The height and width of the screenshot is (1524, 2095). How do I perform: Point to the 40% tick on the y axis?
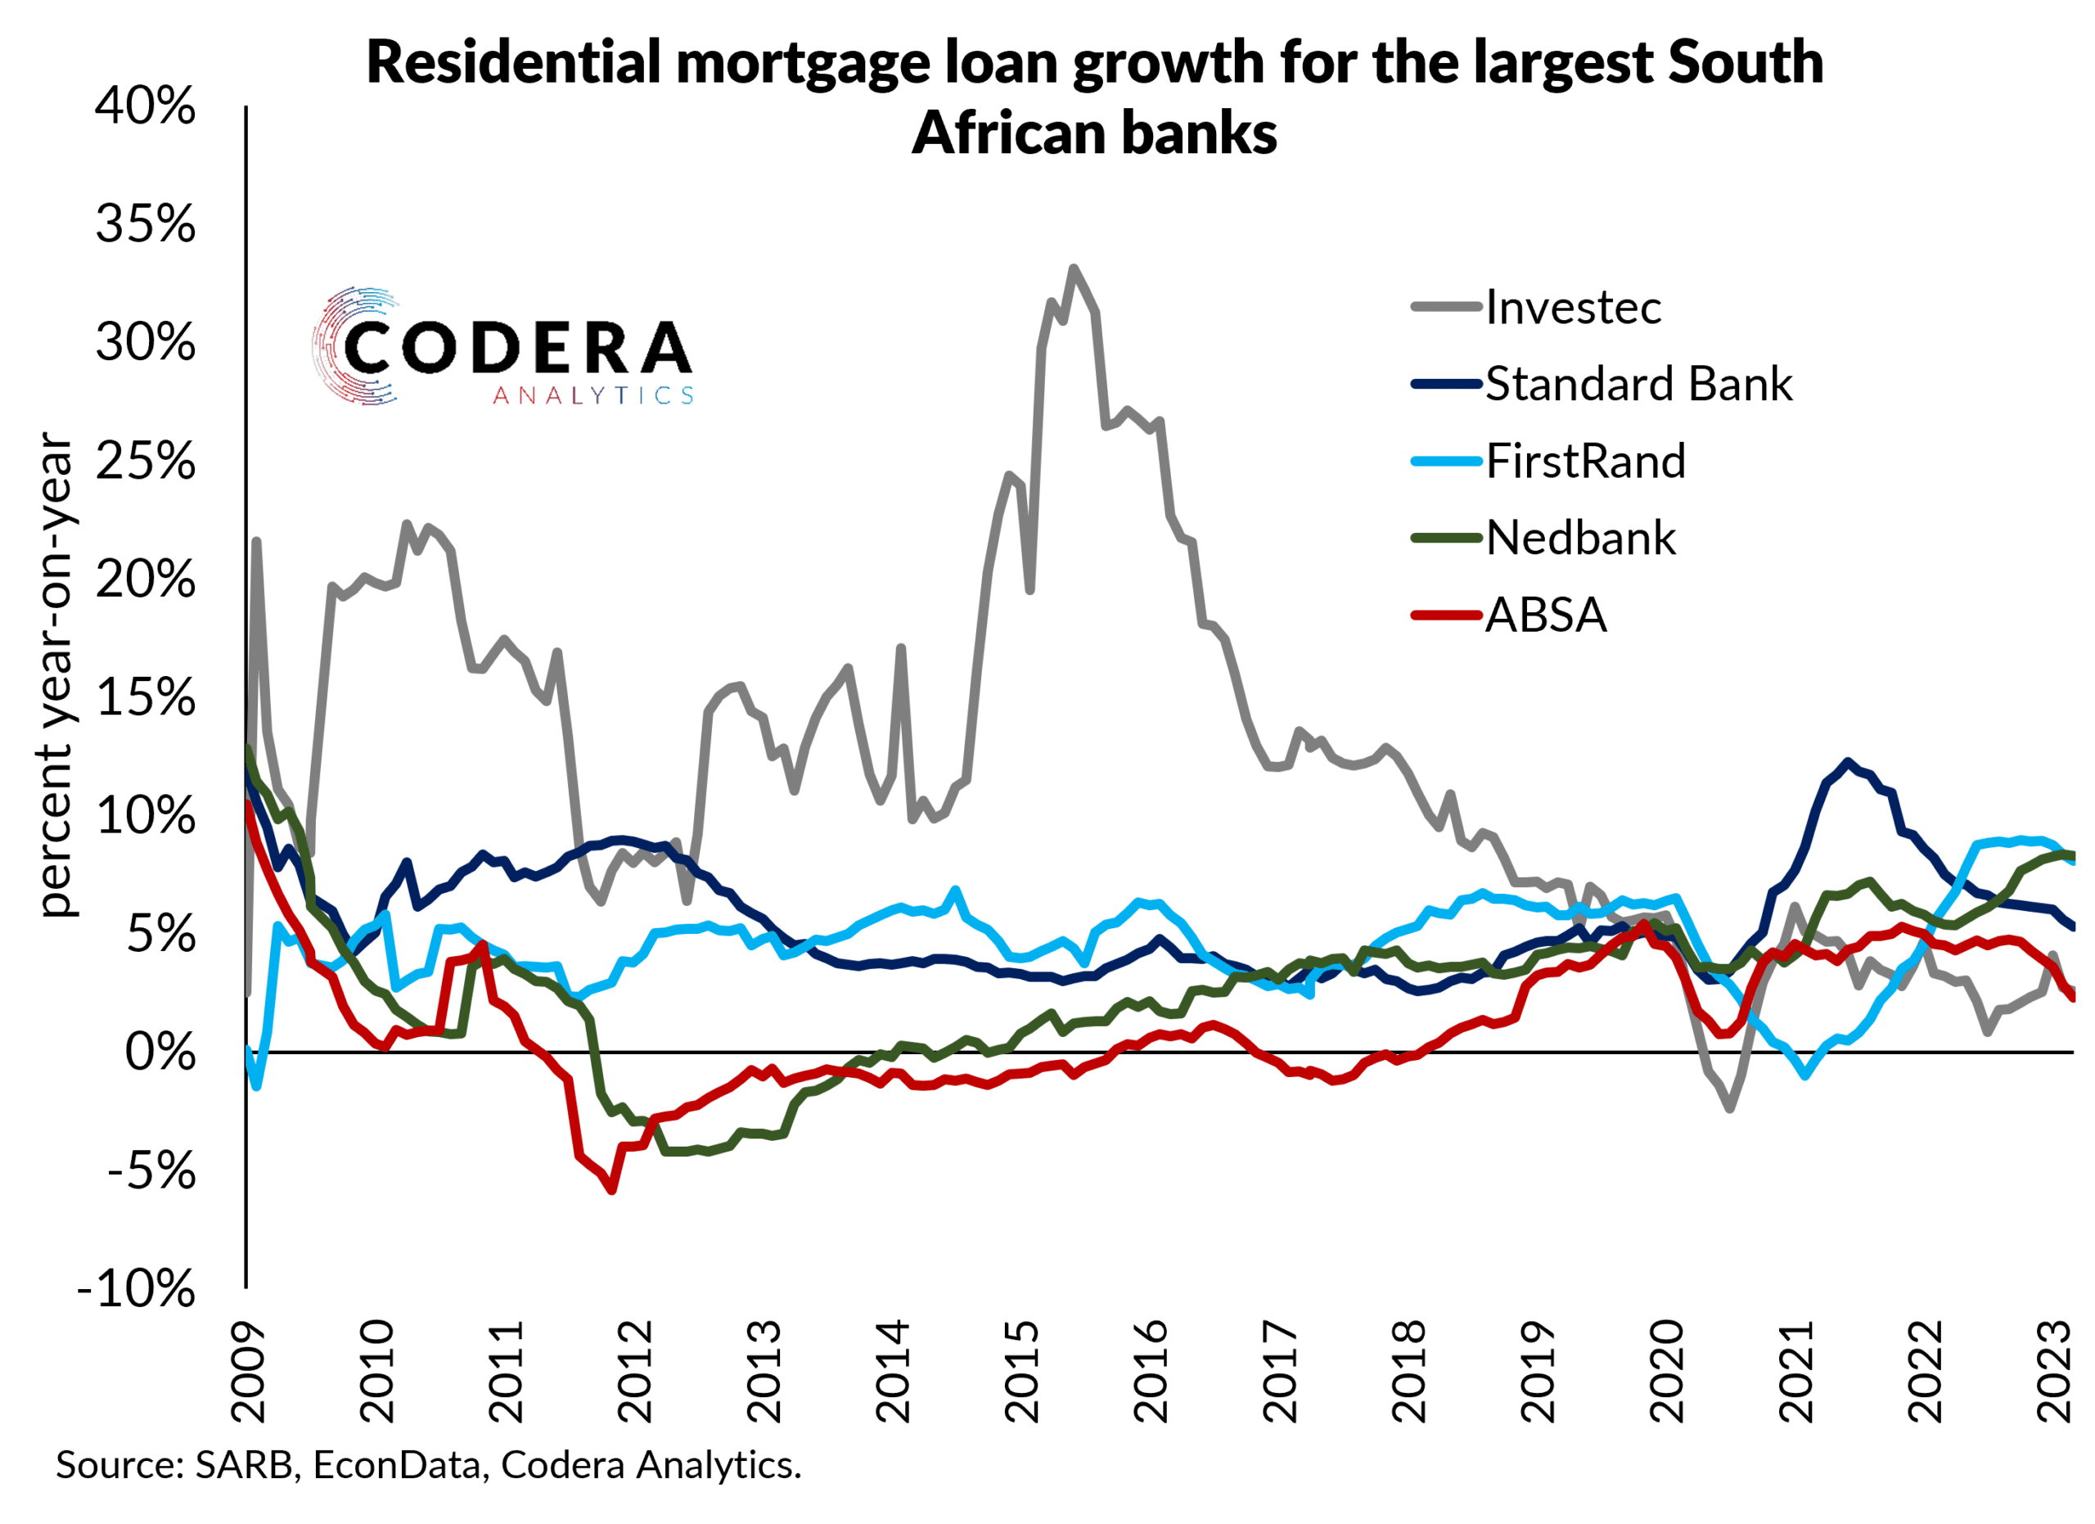(x=145, y=106)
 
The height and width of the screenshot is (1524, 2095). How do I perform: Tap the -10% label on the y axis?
(x=137, y=1288)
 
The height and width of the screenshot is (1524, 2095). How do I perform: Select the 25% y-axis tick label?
(x=145, y=461)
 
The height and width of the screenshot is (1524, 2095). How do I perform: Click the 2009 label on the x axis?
(x=248, y=1372)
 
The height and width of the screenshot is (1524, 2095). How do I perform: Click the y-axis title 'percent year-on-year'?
(x=56, y=674)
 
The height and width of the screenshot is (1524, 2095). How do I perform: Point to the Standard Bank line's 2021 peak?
(x=1847, y=762)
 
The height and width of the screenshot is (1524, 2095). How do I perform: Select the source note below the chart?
(x=429, y=1465)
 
